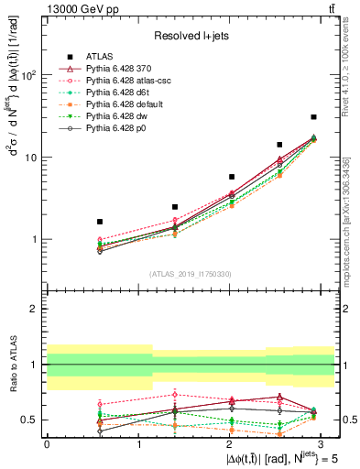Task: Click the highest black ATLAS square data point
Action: [313, 117]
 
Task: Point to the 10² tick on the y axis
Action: [30, 76]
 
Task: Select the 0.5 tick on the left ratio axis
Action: [29, 420]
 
